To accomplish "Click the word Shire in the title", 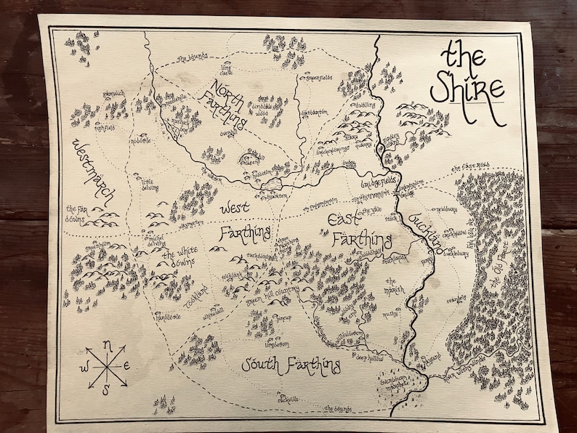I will click(x=467, y=89).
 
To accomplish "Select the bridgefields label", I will click(x=377, y=187).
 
